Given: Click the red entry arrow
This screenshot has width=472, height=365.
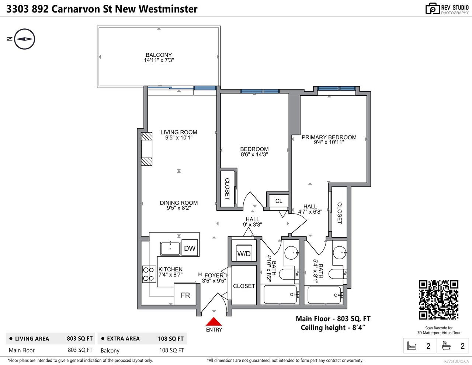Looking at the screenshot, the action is click(214, 322).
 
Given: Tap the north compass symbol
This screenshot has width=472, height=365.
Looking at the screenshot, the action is click(25, 39).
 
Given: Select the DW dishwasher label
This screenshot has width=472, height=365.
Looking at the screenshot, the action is click(190, 248).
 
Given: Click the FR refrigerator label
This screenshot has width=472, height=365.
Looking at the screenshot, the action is click(185, 295).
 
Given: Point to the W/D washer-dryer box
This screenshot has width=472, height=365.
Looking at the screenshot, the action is click(244, 253).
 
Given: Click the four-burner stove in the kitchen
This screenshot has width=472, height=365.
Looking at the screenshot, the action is click(149, 274).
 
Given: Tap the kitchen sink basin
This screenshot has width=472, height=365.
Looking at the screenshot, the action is click(170, 249).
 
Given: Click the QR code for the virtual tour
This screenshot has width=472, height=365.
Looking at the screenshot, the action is click(438, 300).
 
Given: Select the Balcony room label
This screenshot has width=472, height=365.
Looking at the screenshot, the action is click(159, 55).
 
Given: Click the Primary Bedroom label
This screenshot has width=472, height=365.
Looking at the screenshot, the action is click(329, 137).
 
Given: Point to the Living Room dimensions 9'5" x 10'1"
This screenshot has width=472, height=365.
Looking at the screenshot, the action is click(179, 137).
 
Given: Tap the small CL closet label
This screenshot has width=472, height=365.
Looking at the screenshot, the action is click(279, 201).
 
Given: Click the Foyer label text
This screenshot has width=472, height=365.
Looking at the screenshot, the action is click(214, 275).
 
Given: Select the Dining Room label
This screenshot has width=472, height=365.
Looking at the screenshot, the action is click(179, 203).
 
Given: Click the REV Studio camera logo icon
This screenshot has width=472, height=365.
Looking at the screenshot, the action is click(433, 9).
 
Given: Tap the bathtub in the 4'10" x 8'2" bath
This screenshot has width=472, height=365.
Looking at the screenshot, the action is click(280, 295).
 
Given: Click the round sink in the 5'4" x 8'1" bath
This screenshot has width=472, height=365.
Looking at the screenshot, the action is click(339, 253).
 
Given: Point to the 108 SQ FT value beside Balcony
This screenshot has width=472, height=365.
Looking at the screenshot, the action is click(171, 351).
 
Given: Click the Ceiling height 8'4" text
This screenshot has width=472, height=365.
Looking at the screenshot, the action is click(333, 327).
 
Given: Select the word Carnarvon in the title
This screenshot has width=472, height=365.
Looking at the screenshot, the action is click(75, 9).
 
